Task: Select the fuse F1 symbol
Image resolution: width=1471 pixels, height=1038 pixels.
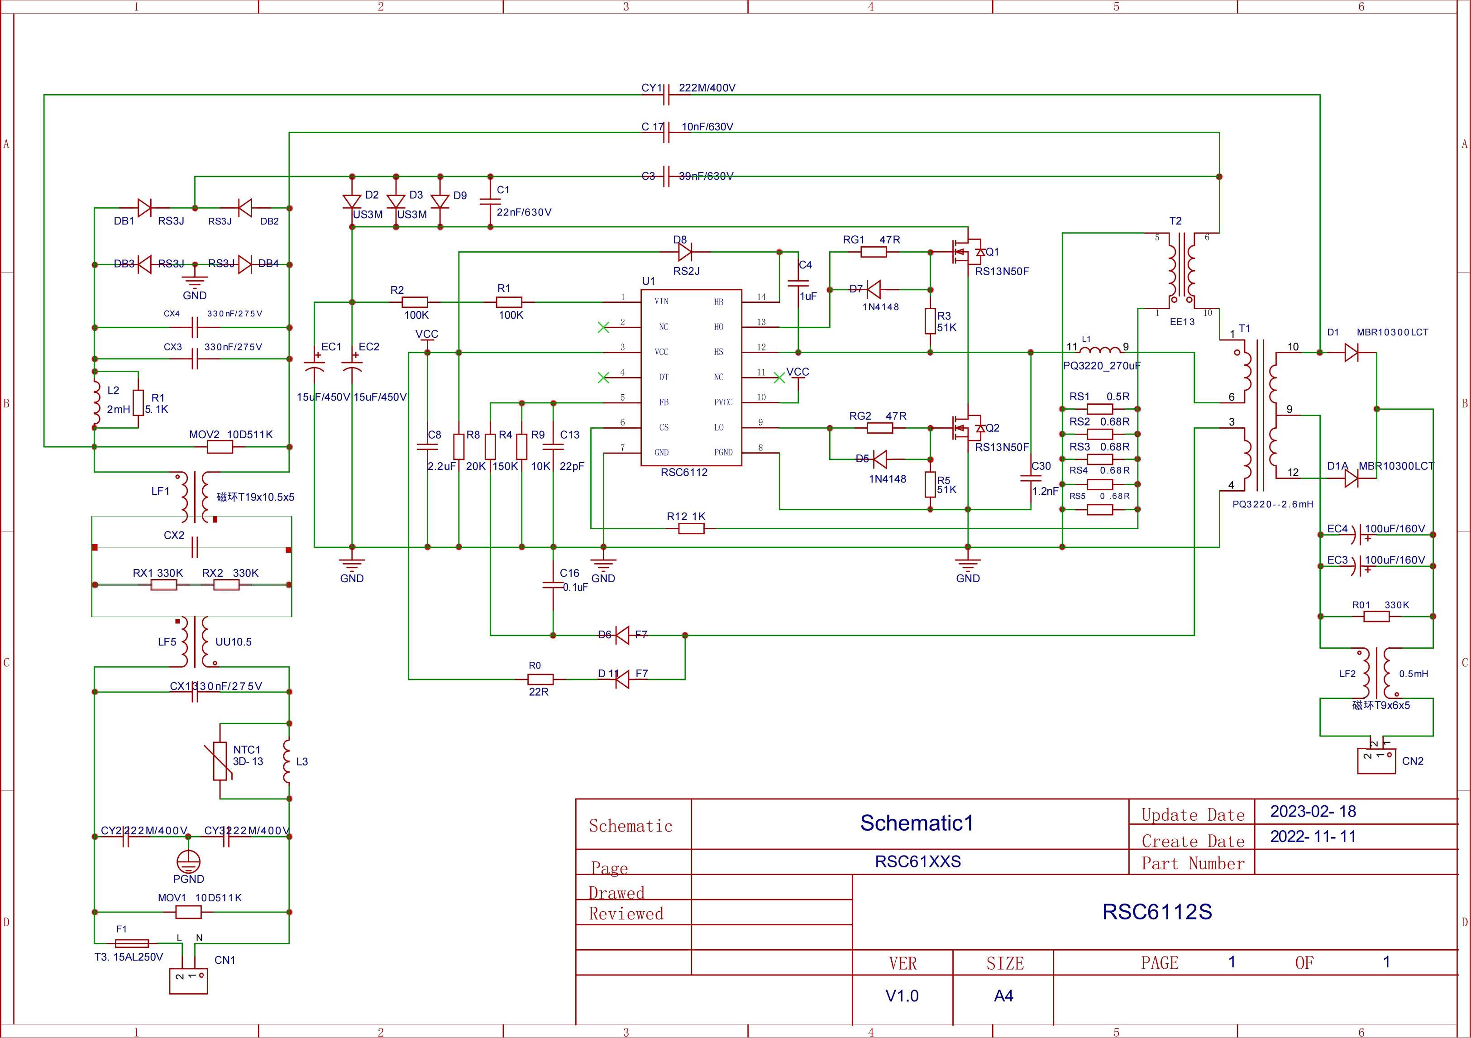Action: coord(132,943)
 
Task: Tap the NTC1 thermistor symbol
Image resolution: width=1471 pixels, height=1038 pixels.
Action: coord(220,761)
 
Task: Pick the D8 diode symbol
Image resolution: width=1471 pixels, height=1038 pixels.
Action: coord(685,252)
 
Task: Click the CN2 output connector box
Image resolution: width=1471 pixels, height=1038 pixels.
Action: coord(1376,761)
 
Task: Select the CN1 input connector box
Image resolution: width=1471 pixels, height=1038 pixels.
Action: coord(188,981)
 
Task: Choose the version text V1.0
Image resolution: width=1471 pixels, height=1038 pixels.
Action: coord(902,996)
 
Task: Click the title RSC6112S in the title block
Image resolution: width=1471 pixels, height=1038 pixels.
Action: coord(1157,912)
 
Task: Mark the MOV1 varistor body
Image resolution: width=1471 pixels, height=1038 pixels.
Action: coord(188,912)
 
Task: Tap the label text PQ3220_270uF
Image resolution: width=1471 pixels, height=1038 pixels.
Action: coord(1101,366)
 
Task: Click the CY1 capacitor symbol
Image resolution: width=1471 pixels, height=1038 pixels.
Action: coord(666,95)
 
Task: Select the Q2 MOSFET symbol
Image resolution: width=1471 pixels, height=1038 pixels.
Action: coord(967,428)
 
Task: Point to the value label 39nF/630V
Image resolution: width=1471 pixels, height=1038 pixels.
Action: coord(706,176)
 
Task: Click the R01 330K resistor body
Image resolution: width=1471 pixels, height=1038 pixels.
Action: coord(1376,617)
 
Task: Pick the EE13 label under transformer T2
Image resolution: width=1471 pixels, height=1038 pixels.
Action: coord(1182,322)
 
